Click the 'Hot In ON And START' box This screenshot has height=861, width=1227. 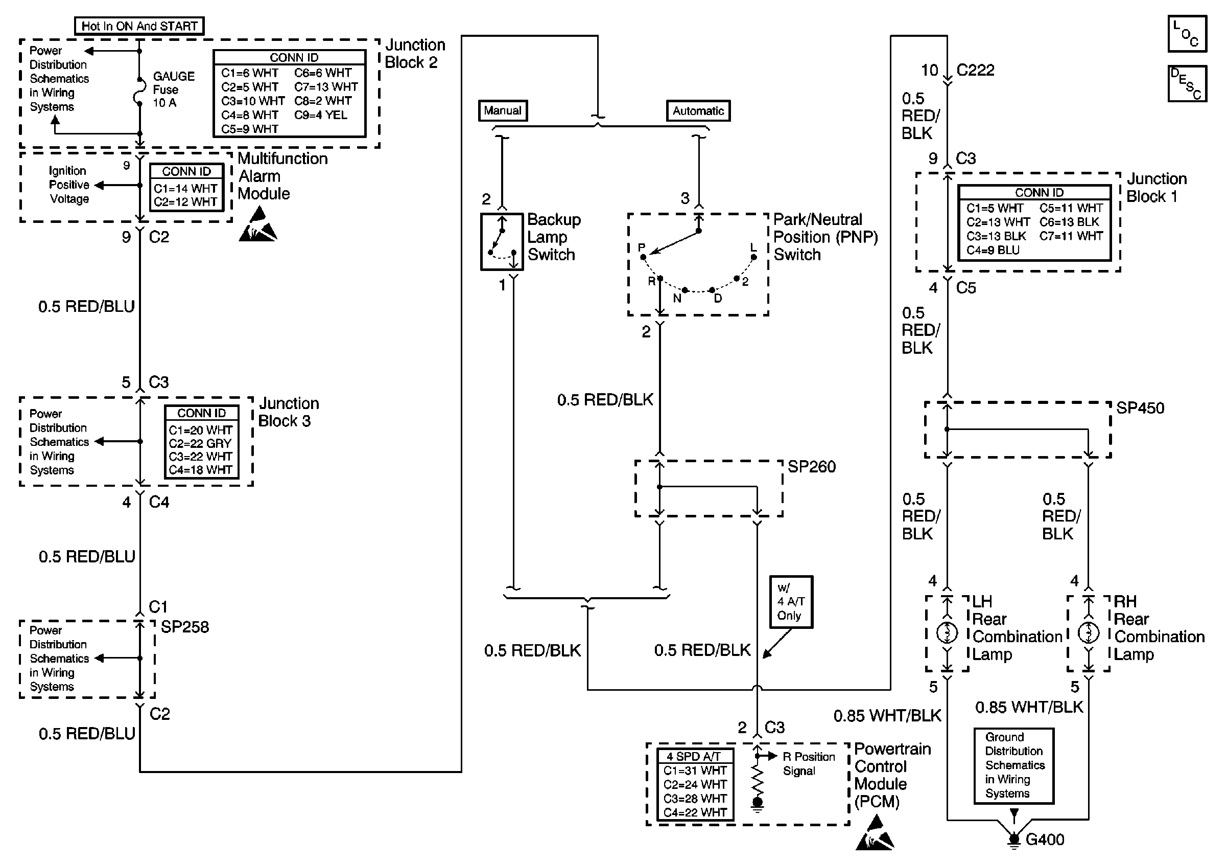(139, 26)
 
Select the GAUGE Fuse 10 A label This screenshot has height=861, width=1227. (173, 89)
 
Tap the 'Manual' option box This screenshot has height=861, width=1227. (502, 111)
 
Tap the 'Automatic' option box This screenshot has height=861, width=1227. (698, 111)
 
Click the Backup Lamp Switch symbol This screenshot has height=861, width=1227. (502, 242)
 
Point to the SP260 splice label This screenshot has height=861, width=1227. (811, 467)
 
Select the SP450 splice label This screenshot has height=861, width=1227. (1140, 408)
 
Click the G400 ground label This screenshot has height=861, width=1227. (1044, 840)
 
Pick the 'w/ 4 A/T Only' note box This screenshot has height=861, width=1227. (790, 602)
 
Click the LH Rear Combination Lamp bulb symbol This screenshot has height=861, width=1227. (947, 633)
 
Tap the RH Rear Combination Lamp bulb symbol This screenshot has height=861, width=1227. (1088, 633)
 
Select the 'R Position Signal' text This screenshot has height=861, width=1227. (809, 764)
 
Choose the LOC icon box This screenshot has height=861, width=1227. (1187, 34)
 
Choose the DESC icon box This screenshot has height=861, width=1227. (1187, 83)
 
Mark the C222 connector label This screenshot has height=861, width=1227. (975, 70)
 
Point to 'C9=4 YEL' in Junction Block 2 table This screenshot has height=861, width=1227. (320, 115)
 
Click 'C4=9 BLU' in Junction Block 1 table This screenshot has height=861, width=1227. (993, 251)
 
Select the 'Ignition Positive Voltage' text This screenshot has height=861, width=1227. (69, 185)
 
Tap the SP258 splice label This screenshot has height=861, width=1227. (184, 627)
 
